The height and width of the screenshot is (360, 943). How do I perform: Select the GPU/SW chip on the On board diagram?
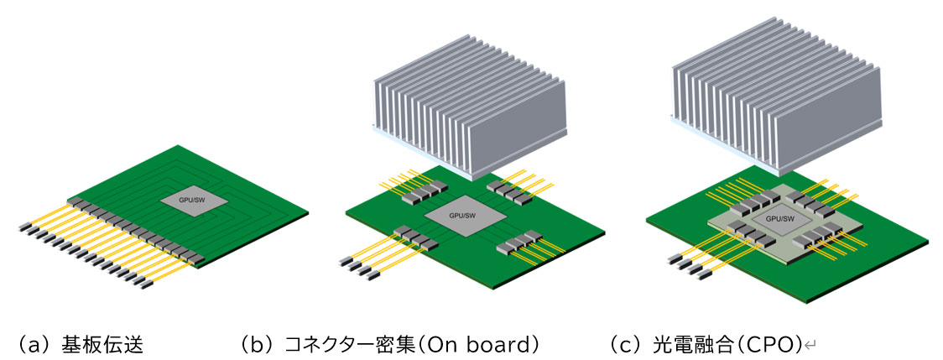tap(464, 217)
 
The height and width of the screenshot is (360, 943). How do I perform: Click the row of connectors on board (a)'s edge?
tap(134, 230)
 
